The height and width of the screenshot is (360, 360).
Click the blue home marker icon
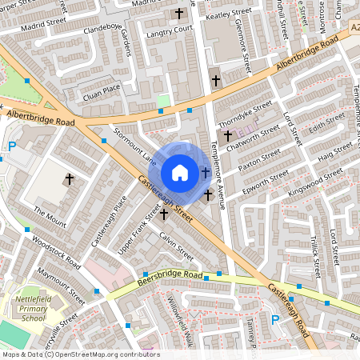click(180, 173)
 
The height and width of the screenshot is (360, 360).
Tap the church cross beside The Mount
click(69, 178)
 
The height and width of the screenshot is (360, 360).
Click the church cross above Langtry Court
click(178, 14)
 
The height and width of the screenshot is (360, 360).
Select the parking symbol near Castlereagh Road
click(275, 319)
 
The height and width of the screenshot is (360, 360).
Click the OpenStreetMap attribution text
click(80, 354)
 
